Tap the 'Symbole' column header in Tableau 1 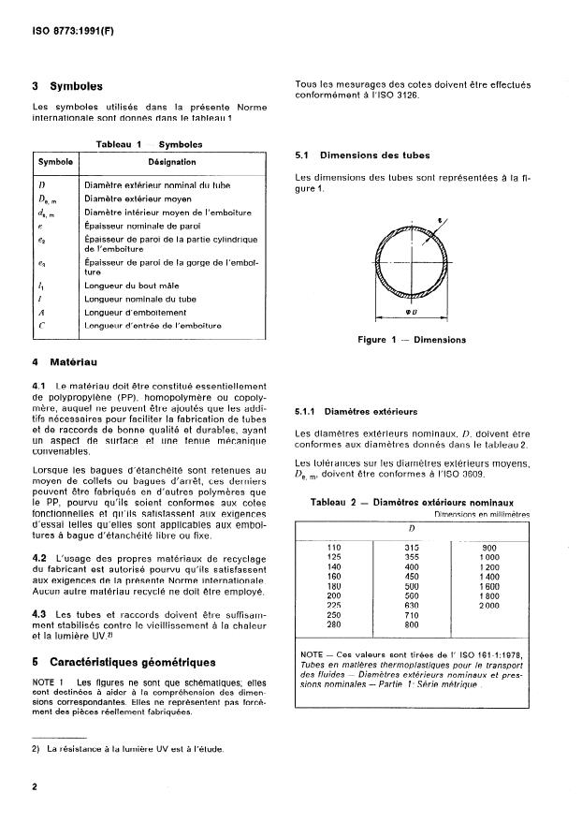click(55, 161)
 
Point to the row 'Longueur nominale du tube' click(140, 300)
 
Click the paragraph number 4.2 click(39, 558)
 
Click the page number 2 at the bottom click(35, 788)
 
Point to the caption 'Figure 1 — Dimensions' click(412, 340)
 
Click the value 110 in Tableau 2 click(333, 547)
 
